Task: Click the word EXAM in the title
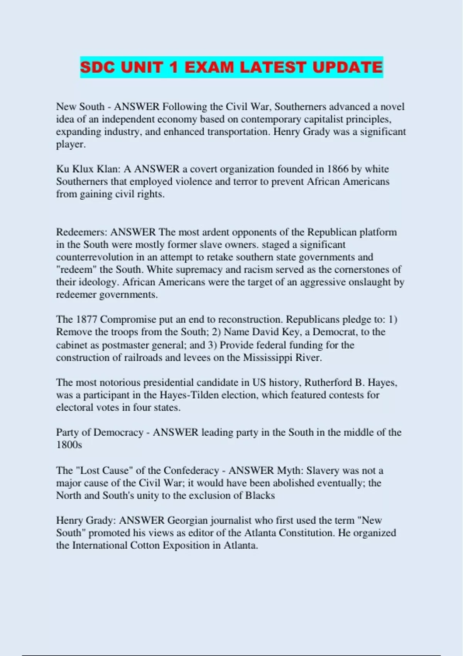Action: coord(209,68)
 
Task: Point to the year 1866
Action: coord(338,169)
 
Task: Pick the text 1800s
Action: coord(69,445)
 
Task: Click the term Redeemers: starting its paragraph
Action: coord(82,232)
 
